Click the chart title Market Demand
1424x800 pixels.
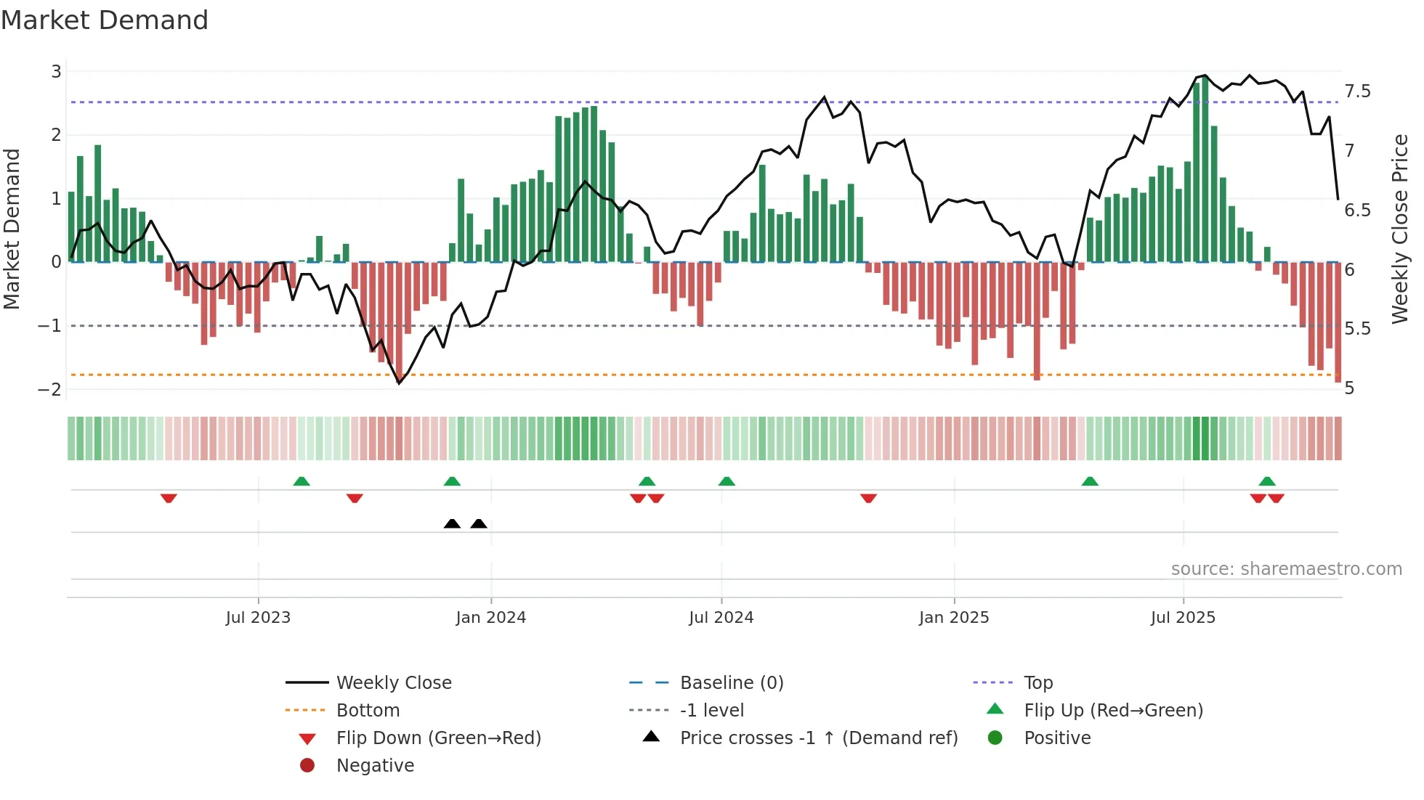pyautogui.click(x=105, y=20)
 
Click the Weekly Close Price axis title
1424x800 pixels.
pyautogui.click(x=1399, y=229)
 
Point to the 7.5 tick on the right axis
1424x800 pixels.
pyautogui.click(x=1357, y=91)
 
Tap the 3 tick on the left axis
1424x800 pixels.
pyautogui.click(x=56, y=71)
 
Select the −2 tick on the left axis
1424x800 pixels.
pyautogui.click(x=49, y=389)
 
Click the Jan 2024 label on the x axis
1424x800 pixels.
pyautogui.click(x=490, y=618)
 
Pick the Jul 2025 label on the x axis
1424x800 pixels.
pyautogui.click(x=1183, y=618)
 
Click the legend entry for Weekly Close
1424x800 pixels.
pyautogui.click(x=393, y=683)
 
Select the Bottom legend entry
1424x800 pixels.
pyautogui.click(x=368, y=711)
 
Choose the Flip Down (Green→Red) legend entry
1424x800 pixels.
pyautogui.click(x=438, y=738)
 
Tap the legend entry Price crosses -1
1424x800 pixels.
pyautogui.click(x=818, y=738)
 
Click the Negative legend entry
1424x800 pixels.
pyautogui.click(x=375, y=766)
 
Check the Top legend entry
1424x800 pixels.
pyautogui.click(x=1038, y=683)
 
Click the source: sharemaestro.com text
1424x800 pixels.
pyautogui.click(x=1286, y=569)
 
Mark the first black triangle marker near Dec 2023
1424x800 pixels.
pyautogui.click(x=452, y=523)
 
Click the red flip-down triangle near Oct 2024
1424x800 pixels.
pyautogui.click(x=868, y=498)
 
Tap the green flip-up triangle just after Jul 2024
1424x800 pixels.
pyautogui.click(x=727, y=481)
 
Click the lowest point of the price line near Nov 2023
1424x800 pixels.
pyautogui.click(x=399, y=383)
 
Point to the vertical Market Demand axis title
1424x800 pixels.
pyautogui.click(x=12, y=229)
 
